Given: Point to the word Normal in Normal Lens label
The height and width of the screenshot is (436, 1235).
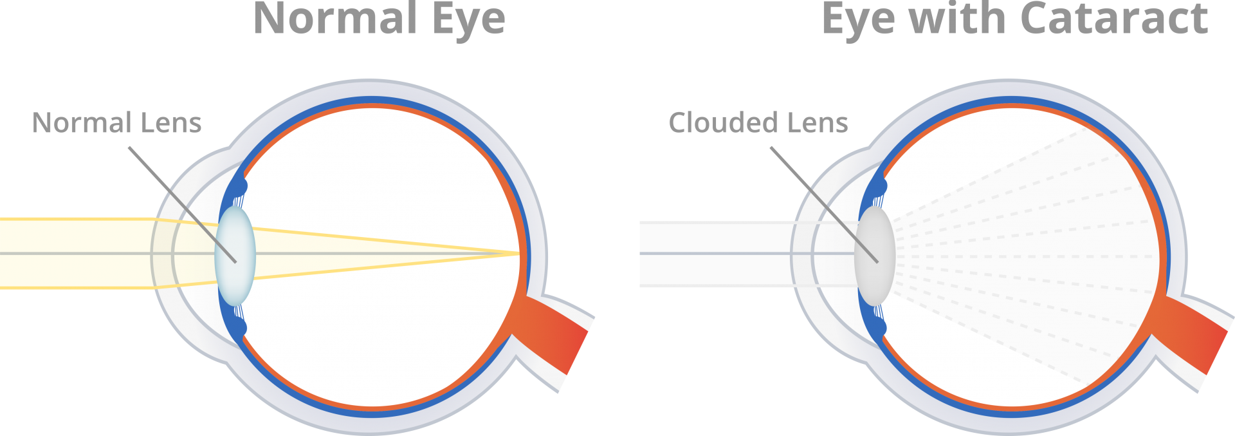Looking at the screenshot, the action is (x=82, y=122).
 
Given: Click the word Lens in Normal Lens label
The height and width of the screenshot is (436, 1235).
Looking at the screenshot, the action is (x=171, y=122).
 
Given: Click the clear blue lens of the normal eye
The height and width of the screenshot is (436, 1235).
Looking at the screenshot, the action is (x=235, y=256).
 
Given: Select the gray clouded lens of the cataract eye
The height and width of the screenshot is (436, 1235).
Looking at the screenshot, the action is (x=875, y=256).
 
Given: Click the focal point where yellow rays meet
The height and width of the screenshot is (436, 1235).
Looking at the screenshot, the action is (x=519, y=254).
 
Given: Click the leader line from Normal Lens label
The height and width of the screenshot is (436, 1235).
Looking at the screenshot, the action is (x=183, y=205).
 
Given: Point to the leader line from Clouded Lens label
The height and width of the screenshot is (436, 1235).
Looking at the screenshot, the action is (x=825, y=205).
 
